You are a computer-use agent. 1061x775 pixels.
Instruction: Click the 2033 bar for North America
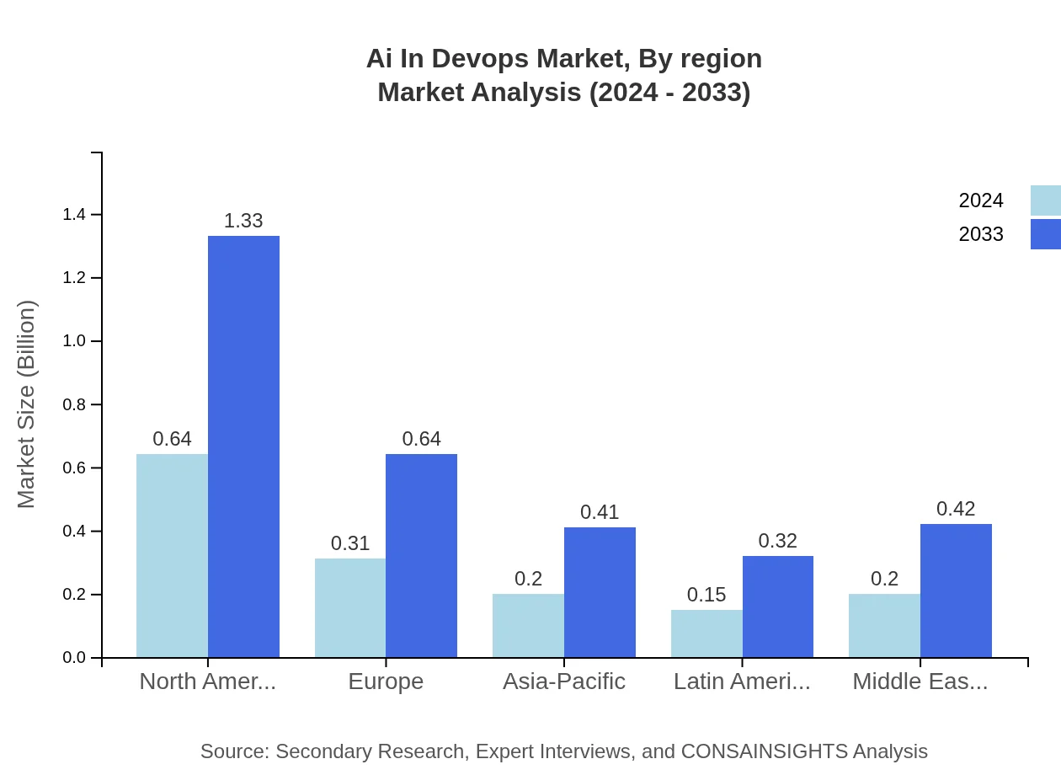(243, 446)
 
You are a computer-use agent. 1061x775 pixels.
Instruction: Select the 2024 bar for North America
(172, 556)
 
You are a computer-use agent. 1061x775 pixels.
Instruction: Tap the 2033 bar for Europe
(421, 556)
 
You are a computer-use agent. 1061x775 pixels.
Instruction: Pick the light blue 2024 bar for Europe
(350, 607)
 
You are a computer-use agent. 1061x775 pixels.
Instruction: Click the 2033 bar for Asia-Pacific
(600, 592)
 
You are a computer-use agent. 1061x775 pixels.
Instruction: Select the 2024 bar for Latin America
(706, 633)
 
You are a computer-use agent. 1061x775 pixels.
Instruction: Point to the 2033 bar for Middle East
(956, 591)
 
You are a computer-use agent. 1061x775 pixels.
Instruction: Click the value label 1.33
(243, 221)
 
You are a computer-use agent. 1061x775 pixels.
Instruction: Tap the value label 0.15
(706, 595)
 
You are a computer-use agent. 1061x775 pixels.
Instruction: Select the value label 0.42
(956, 509)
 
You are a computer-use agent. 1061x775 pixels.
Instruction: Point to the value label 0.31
(350, 543)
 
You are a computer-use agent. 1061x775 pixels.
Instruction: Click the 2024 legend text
(981, 200)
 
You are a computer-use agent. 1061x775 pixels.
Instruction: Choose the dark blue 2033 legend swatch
(1045, 234)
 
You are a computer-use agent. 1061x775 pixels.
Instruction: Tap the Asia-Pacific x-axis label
(564, 681)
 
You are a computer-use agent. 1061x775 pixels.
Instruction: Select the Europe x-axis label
(386, 681)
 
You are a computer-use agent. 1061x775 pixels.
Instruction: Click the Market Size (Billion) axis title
(27, 404)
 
